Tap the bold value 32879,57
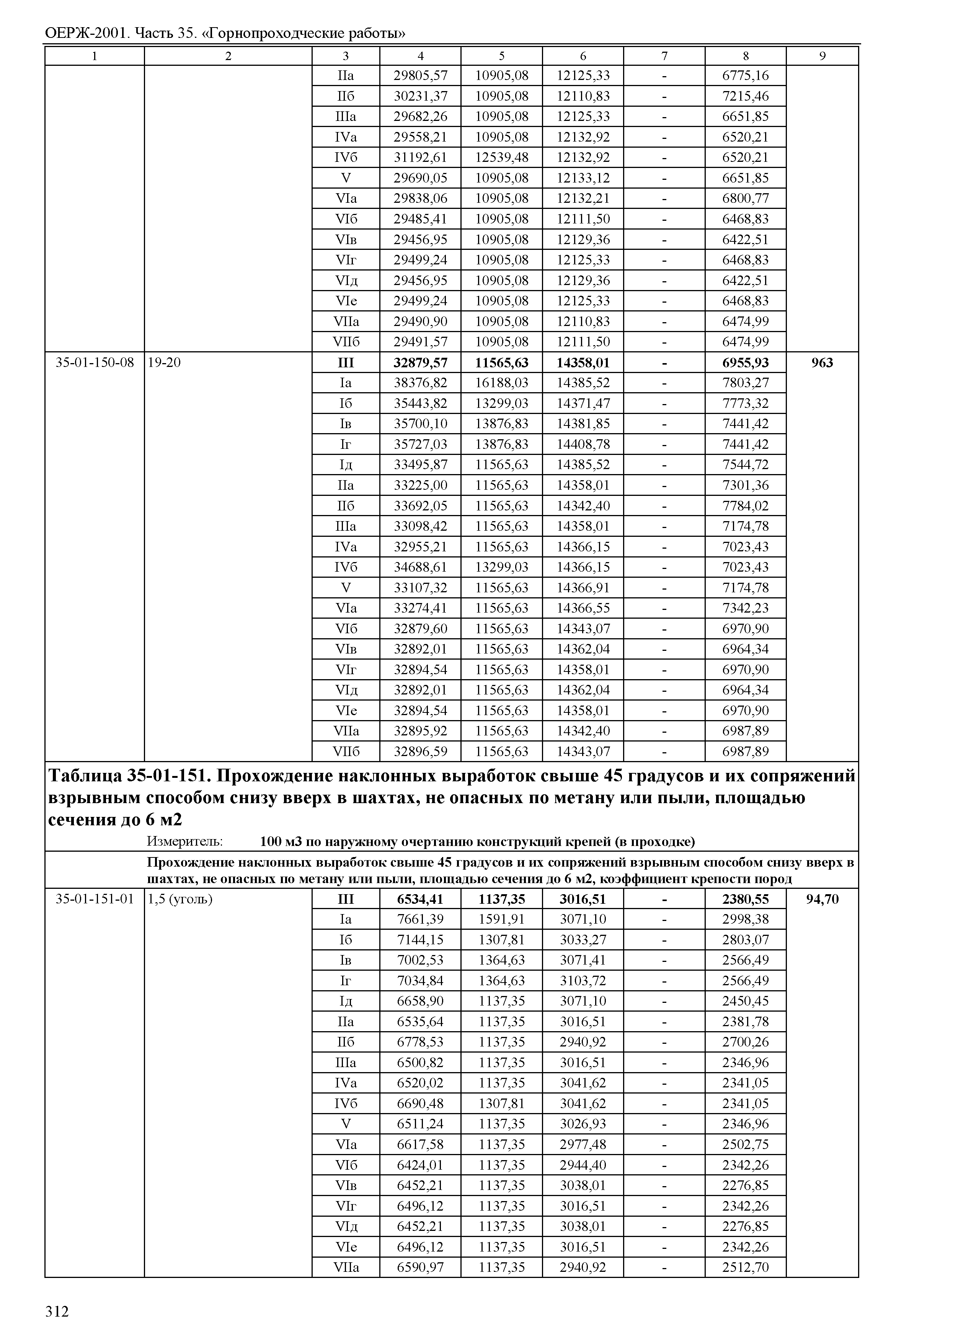click(x=420, y=363)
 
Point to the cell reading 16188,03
click(x=502, y=383)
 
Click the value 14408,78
click(x=583, y=444)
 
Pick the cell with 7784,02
click(x=745, y=506)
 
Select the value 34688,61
click(x=420, y=567)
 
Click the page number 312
click(x=57, y=1311)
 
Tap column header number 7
click(x=664, y=56)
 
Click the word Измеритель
click(x=184, y=841)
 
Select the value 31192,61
click(x=420, y=157)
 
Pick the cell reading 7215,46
click(x=745, y=96)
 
